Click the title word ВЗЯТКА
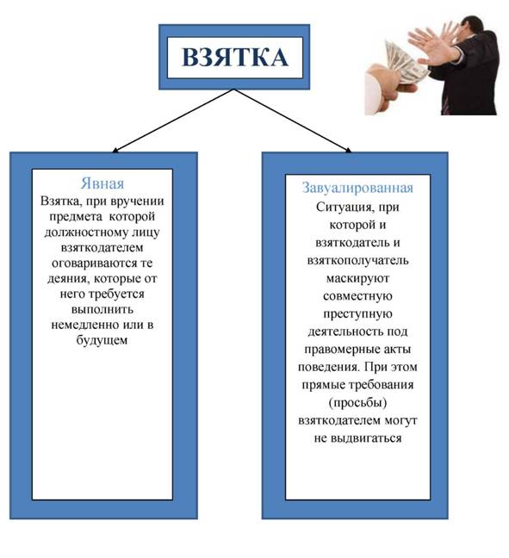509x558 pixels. (234, 57)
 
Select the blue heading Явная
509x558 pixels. (102, 183)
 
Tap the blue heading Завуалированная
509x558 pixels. (357, 188)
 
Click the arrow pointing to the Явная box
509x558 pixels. (173, 121)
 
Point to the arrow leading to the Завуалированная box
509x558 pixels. (293, 121)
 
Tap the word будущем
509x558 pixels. (102, 340)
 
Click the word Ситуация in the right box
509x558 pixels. (344, 208)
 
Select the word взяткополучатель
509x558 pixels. (357, 260)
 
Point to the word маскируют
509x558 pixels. (357, 278)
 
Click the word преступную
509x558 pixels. (357, 313)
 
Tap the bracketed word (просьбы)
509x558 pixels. (357, 403)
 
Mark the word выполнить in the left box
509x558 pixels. (102, 309)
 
